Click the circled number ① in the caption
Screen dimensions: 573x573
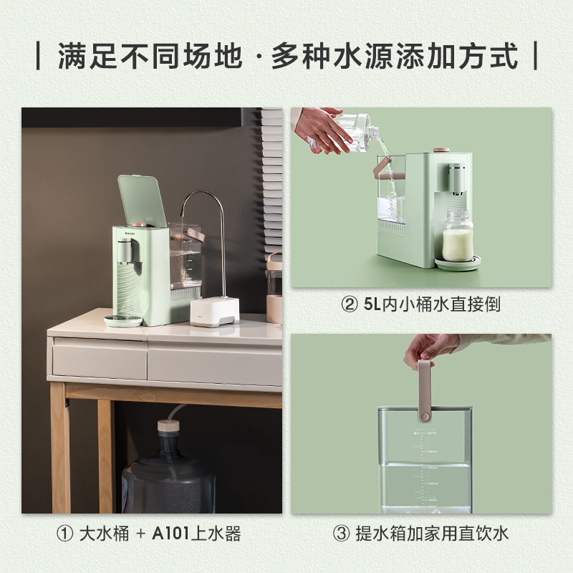coord(64,534)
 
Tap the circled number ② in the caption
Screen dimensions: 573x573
coord(349,304)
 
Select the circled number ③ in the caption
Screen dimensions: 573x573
coord(342,534)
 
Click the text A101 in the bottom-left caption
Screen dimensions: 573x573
coord(170,534)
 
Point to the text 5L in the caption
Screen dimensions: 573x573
coord(372,304)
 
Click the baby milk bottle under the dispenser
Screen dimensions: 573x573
coord(458,235)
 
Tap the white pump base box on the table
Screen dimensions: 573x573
coord(215,312)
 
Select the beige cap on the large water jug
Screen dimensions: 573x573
coord(168,426)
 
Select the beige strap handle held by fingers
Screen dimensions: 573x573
coord(425,390)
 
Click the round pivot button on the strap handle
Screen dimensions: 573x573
coord(425,416)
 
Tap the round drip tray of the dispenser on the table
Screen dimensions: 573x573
coord(123,320)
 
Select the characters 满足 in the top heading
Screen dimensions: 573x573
coord(88,56)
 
